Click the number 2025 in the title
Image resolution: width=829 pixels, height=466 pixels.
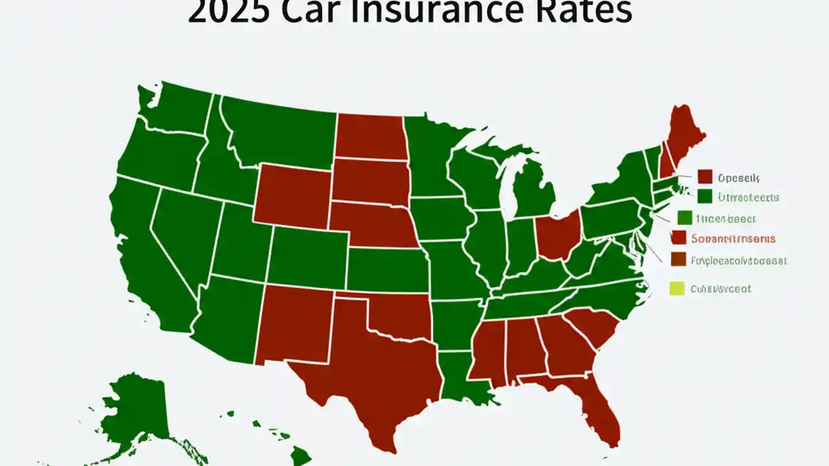(x=230, y=12)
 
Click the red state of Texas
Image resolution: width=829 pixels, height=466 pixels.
(x=369, y=369)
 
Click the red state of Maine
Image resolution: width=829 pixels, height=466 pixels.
(x=683, y=136)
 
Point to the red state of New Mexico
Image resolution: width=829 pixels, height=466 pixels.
(x=295, y=324)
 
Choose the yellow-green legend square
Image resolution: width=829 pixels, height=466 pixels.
(x=676, y=289)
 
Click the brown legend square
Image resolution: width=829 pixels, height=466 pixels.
(x=677, y=260)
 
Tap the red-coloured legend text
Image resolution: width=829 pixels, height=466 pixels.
(x=732, y=239)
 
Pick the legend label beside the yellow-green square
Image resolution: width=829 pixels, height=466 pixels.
(x=720, y=289)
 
